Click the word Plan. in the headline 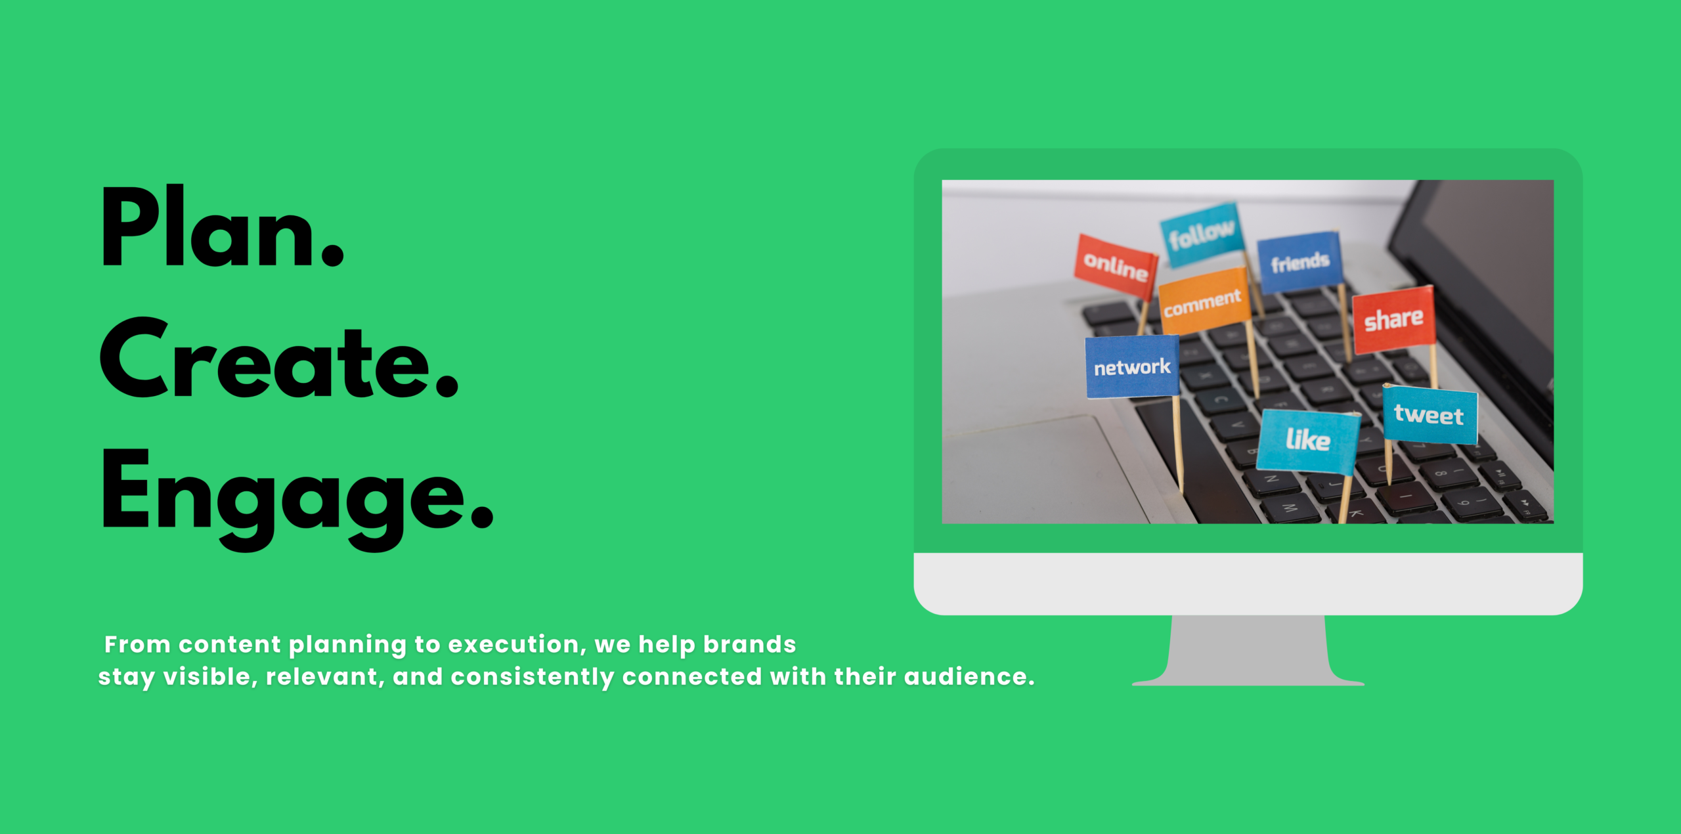pyautogui.click(x=222, y=227)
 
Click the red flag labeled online pyautogui.click(x=1115, y=265)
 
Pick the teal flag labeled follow pyautogui.click(x=1201, y=234)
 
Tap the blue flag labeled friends pyautogui.click(x=1299, y=262)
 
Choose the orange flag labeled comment pyautogui.click(x=1204, y=301)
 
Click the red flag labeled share pyautogui.click(x=1393, y=320)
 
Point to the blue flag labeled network pyautogui.click(x=1132, y=366)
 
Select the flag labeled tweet pyautogui.click(x=1430, y=415)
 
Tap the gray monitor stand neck pyautogui.click(x=1248, y=650)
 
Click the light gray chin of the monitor pyautogui.click(x=1248, y=584)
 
